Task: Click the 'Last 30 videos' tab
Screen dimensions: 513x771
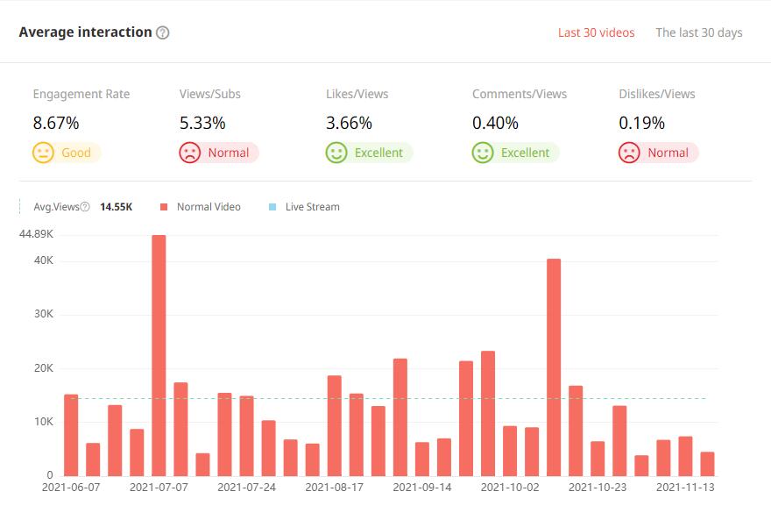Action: (x=596, y=32)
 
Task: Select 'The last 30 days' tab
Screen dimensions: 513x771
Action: (x=698, y=32)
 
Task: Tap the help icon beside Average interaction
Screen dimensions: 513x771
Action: (x=162, y=32)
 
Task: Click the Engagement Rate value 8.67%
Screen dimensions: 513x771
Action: (x=56, y=123)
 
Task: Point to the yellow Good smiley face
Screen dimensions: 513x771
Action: (x=43, y=153)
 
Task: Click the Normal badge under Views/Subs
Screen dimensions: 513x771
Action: (x=218, y=153)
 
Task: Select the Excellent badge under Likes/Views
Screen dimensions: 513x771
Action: (x=368, y=153)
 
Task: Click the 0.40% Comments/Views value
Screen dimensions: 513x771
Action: (x=495, y=123)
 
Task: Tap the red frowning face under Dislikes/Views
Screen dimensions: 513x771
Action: (x=628, y=153)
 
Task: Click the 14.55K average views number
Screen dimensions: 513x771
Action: (x=117, y=207)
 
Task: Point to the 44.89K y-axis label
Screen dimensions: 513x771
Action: (x=35, y=234)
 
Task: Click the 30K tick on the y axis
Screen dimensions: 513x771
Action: (x=43, y=314)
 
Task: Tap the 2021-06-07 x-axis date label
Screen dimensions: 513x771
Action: (x=72, y=487)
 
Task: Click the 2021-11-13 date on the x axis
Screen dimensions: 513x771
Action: (x=686, y=487)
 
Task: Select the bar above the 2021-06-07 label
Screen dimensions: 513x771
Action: (x=71, y=434)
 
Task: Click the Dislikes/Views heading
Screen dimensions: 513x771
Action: (x=657, y=94)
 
